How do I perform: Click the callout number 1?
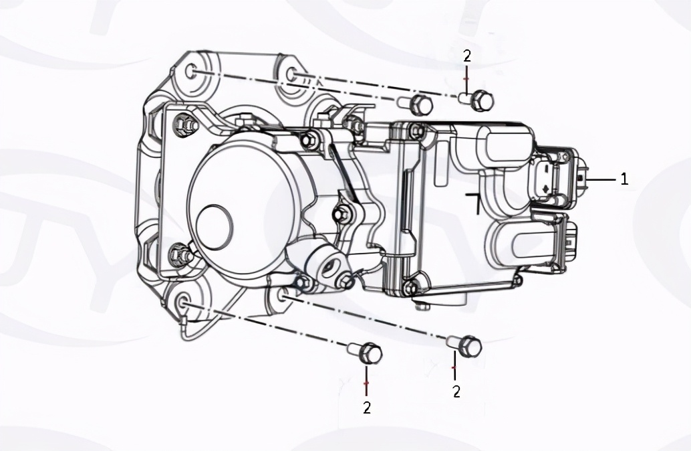624,179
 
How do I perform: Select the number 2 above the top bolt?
467,56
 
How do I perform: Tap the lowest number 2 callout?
367,408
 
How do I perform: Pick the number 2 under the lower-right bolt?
456,391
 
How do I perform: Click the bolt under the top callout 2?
477,100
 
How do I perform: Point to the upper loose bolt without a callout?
416,104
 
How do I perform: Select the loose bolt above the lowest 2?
365,353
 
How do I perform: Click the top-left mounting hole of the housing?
191,72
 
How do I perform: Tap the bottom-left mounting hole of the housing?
182,302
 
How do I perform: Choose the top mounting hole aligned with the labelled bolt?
291,74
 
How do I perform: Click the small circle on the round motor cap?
214,225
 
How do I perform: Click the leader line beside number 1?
601,179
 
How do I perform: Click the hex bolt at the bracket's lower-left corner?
178,252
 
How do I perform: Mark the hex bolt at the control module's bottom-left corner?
410,287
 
